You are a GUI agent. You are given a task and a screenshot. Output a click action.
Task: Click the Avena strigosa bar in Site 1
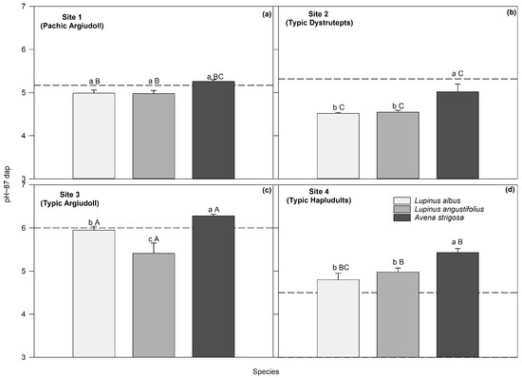[214, 130]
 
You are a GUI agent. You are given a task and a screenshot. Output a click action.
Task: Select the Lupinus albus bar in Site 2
[338, 146]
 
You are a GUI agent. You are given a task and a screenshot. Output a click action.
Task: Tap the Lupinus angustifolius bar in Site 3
[154, 305]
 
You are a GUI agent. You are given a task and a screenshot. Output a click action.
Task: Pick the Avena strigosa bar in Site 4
[457, 305]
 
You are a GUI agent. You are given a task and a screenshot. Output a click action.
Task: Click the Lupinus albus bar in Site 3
[94, 293]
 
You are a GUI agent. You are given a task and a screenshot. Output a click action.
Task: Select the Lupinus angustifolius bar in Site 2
[398, 145]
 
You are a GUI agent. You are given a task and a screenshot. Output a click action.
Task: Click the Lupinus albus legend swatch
[401, 200]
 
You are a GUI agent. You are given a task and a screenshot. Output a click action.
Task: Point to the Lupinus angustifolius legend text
[449, 209]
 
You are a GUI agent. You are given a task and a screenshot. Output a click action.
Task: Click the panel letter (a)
[267, 14]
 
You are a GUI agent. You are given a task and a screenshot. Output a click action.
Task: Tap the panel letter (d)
[510, 190]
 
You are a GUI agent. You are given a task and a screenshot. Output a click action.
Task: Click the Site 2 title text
[318, 14]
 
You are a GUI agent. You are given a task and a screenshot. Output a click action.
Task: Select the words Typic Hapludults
[319, 200]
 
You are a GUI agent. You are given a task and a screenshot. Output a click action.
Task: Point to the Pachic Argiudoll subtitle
[72, 26]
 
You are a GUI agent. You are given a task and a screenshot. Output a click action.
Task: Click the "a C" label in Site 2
[457, 73]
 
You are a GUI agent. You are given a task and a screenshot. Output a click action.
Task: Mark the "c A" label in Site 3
[154, 239]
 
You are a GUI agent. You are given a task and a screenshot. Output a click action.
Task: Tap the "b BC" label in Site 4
[341, 268]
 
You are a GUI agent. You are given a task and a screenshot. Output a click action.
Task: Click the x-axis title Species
[266, 371]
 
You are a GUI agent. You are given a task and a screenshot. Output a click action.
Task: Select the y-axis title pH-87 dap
[8, 184]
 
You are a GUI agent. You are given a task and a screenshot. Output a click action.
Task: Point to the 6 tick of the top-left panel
[24, 49]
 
